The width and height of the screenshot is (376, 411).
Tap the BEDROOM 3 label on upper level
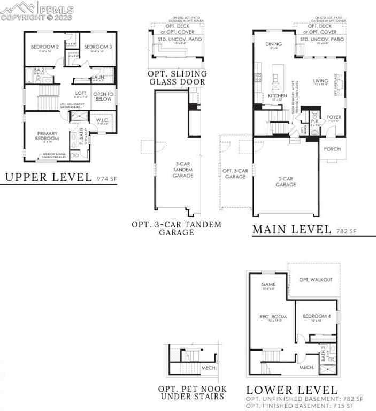tap(97, 47)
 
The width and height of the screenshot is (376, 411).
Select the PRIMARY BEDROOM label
tap(47, 136)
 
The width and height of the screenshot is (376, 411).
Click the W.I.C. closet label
tap(102, 120)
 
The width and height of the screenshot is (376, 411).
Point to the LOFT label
tap(81, 93)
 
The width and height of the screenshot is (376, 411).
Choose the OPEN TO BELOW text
tap(103, 96)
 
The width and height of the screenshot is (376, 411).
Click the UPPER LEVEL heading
tap(48, 178)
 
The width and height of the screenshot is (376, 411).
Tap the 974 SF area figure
tap(106, 179)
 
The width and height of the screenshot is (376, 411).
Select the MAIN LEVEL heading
tap(291, 230)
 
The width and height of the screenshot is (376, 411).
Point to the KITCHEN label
tap(278, 96)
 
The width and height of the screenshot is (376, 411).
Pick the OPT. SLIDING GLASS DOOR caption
tap(177, 78)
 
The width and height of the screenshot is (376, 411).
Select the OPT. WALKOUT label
tap(316, 280)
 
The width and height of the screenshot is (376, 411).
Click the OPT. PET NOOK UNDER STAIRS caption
tap(192, 392)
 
